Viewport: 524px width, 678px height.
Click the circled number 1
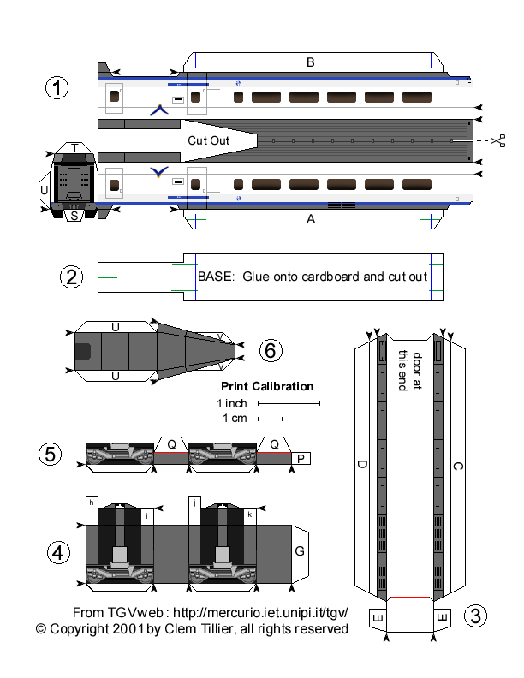57,88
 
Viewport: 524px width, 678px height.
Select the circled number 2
72,277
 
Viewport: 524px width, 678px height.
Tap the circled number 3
476,615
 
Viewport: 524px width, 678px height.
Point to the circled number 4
57,553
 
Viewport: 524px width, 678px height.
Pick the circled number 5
51,454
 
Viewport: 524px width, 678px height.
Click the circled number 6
270,349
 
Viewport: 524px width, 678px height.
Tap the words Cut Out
209,140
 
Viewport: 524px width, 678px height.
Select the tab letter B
311,62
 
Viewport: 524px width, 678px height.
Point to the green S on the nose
74,217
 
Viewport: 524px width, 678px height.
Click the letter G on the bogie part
300,551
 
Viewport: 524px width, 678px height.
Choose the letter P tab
301,459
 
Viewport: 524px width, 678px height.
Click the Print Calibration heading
267,386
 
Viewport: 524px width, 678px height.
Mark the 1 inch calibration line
289,402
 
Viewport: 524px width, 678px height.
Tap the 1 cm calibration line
271,419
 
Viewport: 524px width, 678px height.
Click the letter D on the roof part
362,465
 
